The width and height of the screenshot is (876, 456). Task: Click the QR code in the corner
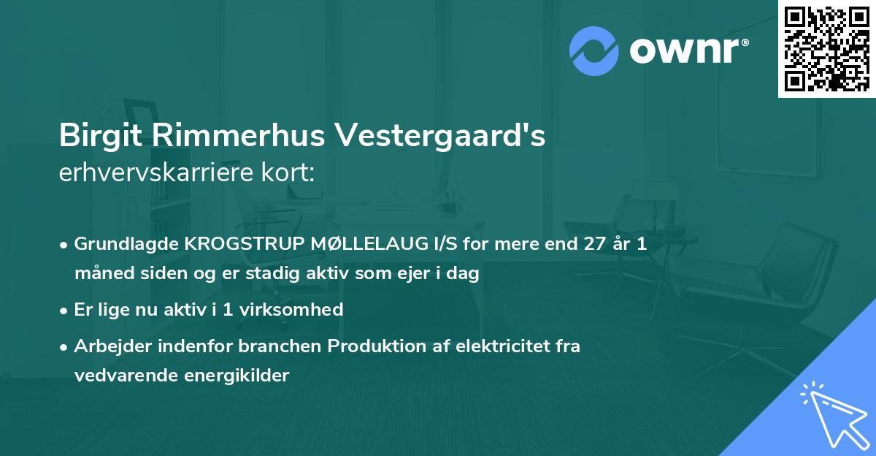(x=826, y=48)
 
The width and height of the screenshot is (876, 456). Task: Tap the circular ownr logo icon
(x=594, y=50)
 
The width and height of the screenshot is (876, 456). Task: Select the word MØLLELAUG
(x=354, y=245)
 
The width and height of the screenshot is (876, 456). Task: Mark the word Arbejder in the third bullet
(x=107, y=346)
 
